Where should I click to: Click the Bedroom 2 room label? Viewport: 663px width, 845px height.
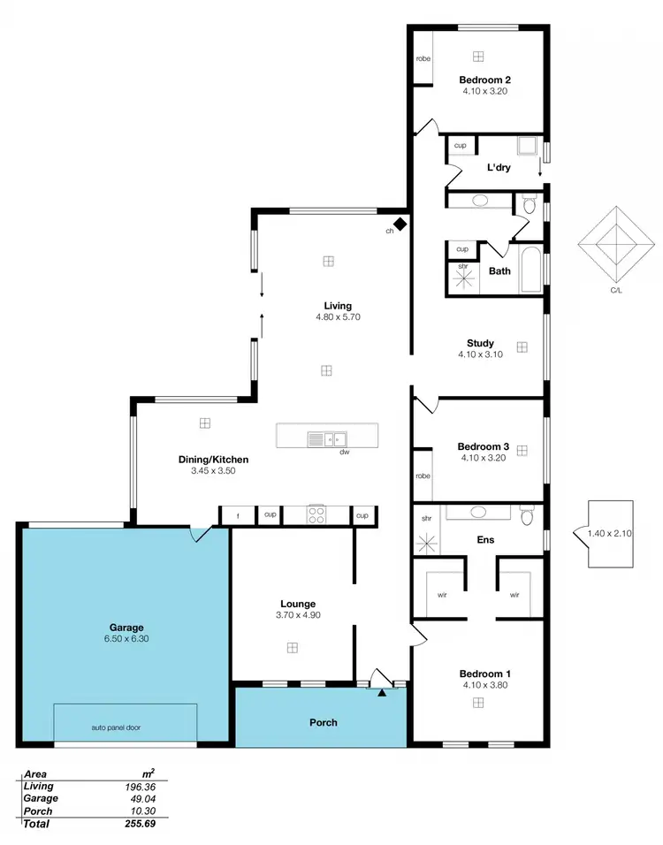pos(484,79)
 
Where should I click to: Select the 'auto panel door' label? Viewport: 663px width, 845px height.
pos(116,728)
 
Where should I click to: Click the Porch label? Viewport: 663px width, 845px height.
pos(324,722)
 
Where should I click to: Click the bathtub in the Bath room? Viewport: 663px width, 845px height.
pos(531,271)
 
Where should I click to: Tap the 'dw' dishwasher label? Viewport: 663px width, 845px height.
pos(345,453)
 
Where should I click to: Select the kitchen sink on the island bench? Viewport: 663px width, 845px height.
pos(327,438)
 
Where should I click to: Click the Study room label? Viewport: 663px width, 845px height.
pos(480,343)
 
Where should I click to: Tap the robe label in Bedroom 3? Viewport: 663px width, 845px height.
pos(423,476)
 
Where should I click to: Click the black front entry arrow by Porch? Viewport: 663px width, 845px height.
pos(382,692)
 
